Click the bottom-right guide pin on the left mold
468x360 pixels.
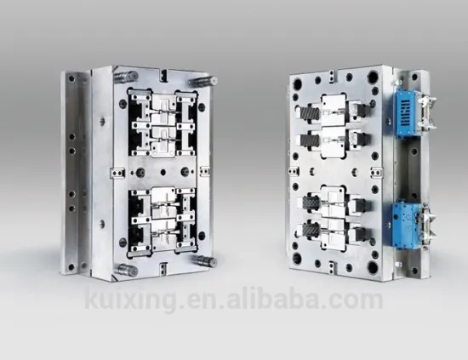tap(202, 260)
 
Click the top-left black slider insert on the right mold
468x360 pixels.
tap(308, 111)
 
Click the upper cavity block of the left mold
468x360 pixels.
tap(162, 123)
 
